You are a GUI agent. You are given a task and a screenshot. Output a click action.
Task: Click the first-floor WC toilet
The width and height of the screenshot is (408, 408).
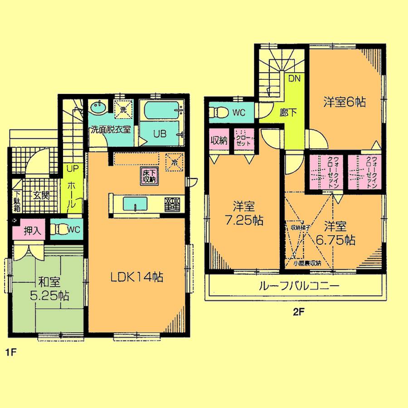pos(62,229)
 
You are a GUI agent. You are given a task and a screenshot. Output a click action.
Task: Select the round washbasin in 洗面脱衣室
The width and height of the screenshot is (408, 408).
pos(97,108)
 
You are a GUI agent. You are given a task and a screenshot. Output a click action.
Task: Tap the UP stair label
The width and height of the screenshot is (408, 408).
pos(73,168)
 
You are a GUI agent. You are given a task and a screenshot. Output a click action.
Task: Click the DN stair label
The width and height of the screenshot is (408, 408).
pos(295,78)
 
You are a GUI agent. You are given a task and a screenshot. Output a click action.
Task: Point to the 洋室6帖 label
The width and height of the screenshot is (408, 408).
pos(345,102)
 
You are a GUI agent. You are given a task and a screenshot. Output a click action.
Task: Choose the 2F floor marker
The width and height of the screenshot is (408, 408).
pos(297,312)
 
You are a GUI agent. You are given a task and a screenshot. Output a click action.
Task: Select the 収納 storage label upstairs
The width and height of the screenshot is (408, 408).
pos(219,140)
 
